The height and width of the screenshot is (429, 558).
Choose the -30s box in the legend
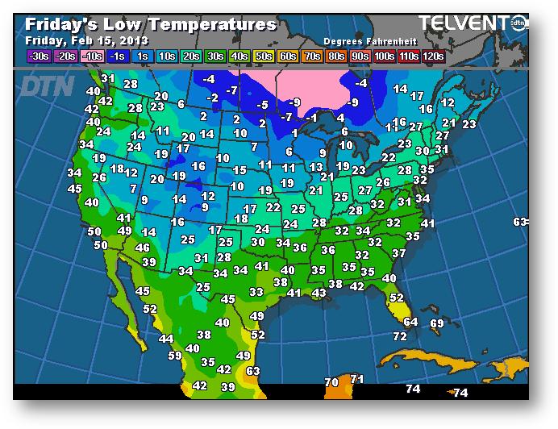click(x=38, y=56)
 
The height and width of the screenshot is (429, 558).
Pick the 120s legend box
click(x=433, y=56)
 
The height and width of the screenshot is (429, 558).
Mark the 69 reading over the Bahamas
click(x=437, y=323)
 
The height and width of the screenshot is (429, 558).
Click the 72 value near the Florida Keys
click(x=400, y=336)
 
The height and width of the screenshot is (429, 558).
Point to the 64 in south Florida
click(x=410, y=322)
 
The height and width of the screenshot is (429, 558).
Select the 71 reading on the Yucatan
click(x=357, y=379)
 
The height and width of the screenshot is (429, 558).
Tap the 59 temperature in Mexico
click(x=175, y=355)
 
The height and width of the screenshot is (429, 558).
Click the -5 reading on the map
click(x=262, y=105)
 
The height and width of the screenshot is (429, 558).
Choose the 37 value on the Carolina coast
click(x=398, y=253)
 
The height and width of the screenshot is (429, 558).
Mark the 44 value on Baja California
click(x=166, y=339)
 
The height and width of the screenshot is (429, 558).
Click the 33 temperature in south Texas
click(x=256, y=291)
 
